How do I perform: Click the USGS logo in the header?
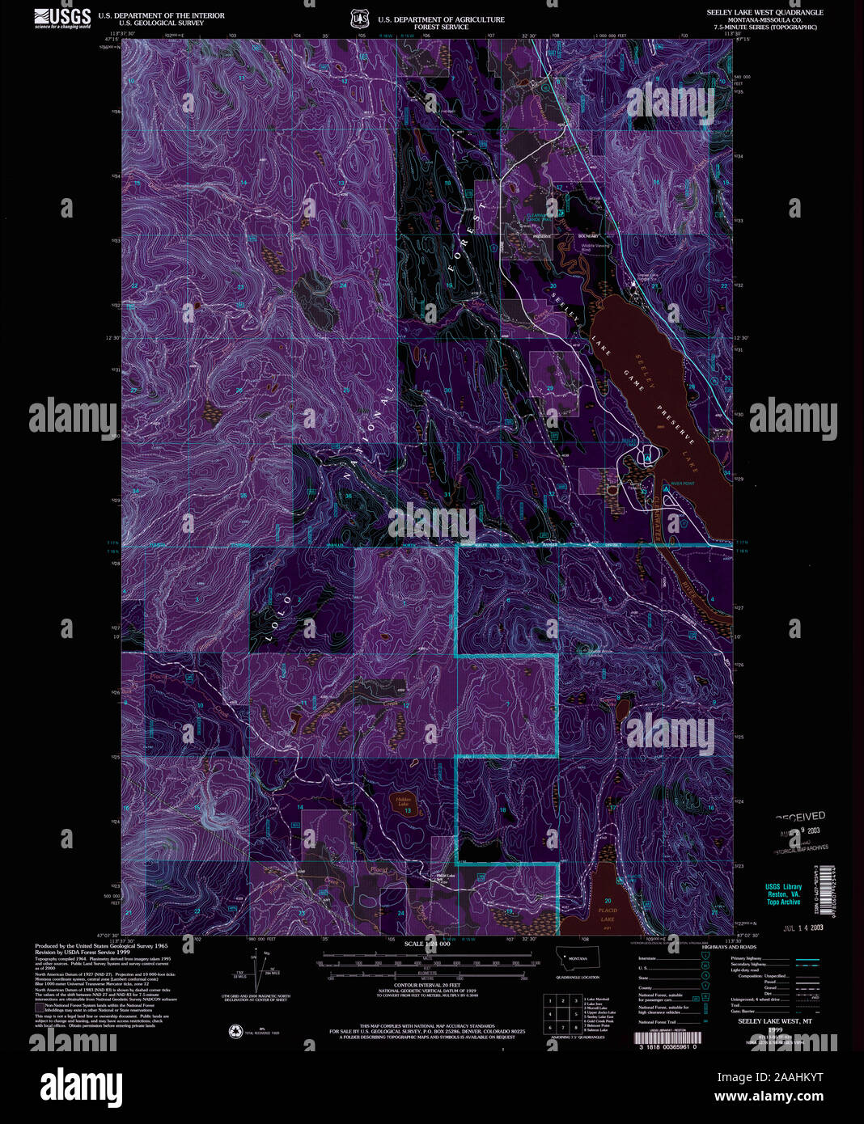(x=62, y=18)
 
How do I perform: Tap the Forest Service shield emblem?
(x=360, y=19)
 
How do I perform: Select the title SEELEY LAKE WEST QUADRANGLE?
(x=764, y=13)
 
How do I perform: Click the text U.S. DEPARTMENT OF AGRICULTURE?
(x=441, y=19)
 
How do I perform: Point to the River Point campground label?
(x=682, y=484)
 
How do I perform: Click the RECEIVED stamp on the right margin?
(x=801, y=817)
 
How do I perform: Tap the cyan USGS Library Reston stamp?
(x=783, y=894)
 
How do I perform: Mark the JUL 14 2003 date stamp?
(x=803, y=928)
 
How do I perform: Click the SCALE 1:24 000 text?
(x=425, y=944)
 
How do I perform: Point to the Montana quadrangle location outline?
(x=578, y=960)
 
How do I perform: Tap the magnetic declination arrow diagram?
(x=263, y=970)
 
